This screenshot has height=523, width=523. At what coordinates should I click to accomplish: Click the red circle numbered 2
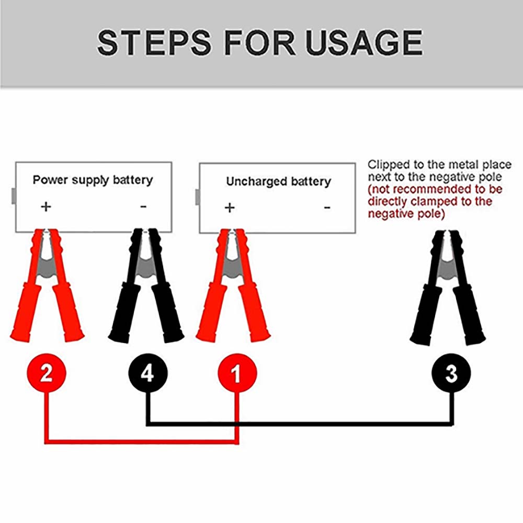[46, 374]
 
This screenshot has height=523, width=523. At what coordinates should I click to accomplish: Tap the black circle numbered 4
[148, 374]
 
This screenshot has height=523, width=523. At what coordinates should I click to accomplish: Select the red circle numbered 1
[237, 374]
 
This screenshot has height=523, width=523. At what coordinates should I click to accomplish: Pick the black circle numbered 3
[451, 374]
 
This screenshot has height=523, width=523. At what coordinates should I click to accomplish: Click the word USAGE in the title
[364, 43]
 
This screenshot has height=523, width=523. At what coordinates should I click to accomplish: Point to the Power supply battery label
[93, 180]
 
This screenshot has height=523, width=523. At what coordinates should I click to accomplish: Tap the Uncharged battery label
[278, 181]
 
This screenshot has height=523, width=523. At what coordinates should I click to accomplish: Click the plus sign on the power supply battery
[46, 206]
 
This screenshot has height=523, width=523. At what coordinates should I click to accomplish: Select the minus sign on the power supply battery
[143, 206]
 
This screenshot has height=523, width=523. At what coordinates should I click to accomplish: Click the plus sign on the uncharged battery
[229, 208]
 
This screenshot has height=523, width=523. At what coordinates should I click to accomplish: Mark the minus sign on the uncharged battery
[327, 208]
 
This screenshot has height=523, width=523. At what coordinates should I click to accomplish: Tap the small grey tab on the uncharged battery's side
[197, 197]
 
